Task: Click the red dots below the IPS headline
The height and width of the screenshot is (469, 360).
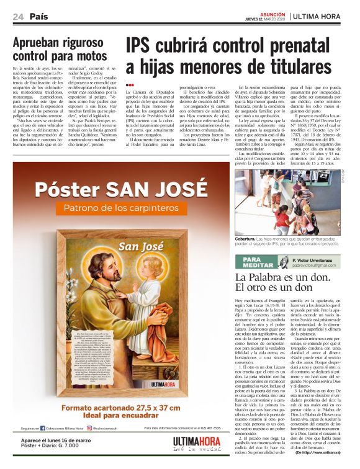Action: (x=129, y=85)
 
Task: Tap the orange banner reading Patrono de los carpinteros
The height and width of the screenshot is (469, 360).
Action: (x=121, y=207)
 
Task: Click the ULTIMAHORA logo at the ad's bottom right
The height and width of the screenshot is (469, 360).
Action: (x=196, y=445)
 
